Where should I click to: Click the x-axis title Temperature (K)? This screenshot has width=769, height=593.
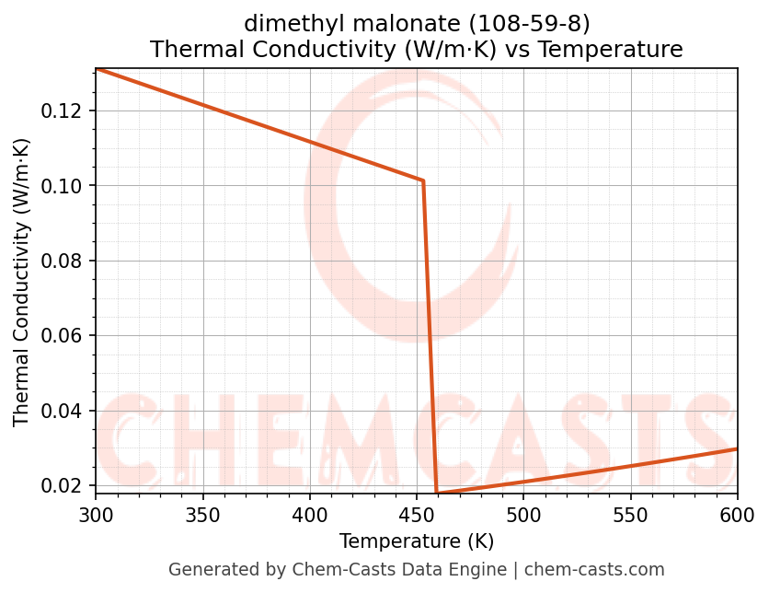click(416, 541)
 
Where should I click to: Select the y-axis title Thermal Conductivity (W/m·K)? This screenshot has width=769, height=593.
click(22, 282)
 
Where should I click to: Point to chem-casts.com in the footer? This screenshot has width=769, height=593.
click(594, 570)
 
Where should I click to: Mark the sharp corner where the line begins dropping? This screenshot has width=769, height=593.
click(422, 180)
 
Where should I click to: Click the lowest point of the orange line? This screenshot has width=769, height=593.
click(436, 494)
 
